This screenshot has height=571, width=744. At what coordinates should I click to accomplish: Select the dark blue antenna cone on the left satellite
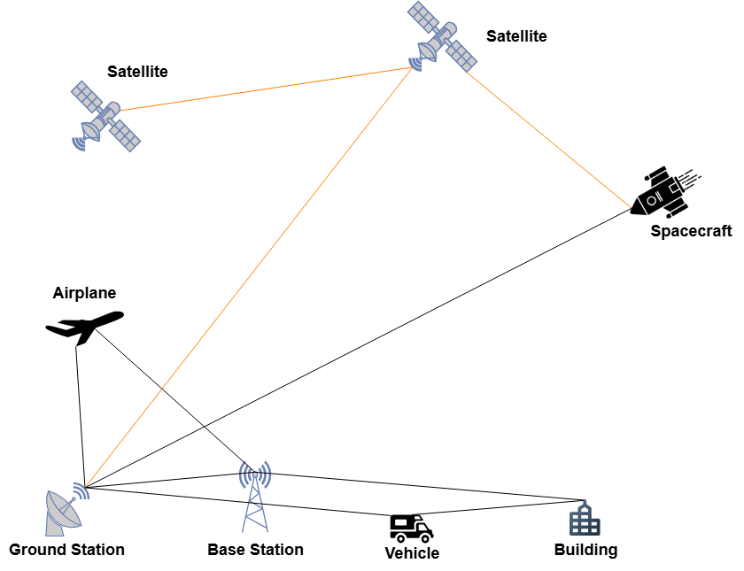(80, 143)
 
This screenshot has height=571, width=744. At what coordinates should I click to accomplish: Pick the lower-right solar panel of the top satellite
(461, 56)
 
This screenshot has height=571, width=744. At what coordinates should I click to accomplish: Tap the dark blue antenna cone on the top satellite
(416, 64)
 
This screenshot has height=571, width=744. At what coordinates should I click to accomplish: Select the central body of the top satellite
(441, 37)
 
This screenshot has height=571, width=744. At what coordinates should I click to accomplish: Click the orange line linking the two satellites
(266, 89)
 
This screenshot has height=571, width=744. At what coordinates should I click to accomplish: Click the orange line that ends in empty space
(549, 139)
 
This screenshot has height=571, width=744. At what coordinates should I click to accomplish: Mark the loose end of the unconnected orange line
(631, 207)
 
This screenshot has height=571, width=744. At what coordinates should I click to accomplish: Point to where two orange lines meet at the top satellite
(414, 67)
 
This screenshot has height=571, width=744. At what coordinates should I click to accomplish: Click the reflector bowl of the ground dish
(61, 511)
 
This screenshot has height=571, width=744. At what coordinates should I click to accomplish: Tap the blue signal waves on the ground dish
(81, 490)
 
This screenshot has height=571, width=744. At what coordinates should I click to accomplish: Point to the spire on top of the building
(585, 504)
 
